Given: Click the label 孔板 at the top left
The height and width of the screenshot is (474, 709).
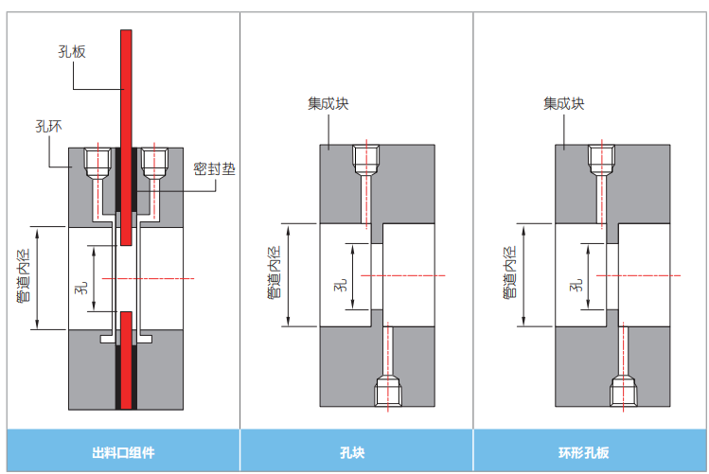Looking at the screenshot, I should tap(72, 52).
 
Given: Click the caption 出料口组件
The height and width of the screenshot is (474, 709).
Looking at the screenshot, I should tap(123, 451).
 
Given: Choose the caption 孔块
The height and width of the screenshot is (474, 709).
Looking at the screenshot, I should tap(356, 451).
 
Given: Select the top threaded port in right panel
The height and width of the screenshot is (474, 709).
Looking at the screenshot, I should tap(600, 160).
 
